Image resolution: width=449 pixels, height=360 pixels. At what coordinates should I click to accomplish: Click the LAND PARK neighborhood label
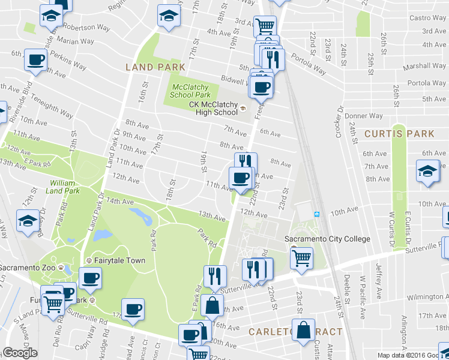155,67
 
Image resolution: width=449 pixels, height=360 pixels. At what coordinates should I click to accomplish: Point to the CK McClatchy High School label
213,108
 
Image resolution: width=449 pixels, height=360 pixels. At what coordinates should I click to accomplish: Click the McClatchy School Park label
190,91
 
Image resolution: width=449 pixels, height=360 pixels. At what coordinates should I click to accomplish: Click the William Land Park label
64,187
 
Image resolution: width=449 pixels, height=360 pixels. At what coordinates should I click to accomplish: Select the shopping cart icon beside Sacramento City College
301,257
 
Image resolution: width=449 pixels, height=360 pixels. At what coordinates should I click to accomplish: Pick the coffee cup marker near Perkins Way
35,60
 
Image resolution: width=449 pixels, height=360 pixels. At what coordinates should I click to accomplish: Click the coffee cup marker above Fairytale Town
90,278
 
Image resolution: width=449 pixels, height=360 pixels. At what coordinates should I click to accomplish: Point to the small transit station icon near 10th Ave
316,214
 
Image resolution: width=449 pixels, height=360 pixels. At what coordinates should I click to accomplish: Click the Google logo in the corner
20,353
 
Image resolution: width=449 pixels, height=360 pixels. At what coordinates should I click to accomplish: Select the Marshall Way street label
424,67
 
